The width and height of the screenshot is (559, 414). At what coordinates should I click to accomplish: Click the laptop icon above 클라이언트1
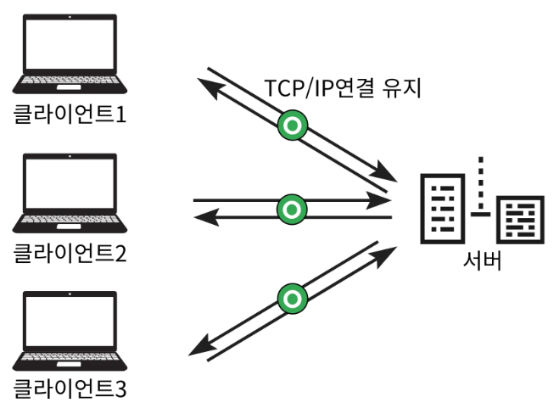pyautogui.click(x=70, y=55)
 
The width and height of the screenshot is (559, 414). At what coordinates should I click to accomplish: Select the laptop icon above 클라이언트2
pyautogui.click(x=70, y=194)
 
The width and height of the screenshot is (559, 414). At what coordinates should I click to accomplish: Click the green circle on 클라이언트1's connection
pyautogui.click(x=292, y=126)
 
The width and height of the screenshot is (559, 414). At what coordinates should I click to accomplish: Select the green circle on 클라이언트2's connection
pyautogui.click(x=292, y=209)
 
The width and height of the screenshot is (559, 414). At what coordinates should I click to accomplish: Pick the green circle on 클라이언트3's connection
pyautogui.click(x=292, y=296)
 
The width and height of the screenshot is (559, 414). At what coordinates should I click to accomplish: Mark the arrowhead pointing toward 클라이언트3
pyautogui.click(x=197, y=348)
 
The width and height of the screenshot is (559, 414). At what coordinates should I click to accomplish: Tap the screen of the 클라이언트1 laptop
pyautogui.click(x=70, y=47)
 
